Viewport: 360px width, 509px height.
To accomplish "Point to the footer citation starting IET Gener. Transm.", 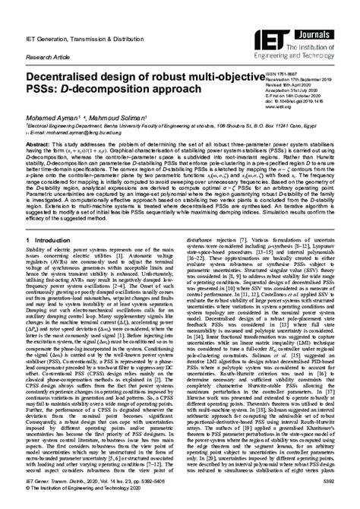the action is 75,482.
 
